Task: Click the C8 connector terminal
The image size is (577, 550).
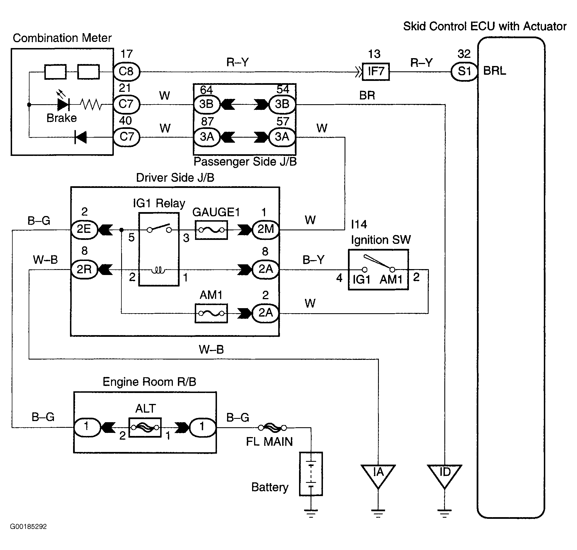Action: [126, 72]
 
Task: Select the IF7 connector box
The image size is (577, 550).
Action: [376, 72]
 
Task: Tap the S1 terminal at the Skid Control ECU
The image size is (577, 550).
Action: [464, 72]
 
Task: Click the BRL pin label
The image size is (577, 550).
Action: [495, 71]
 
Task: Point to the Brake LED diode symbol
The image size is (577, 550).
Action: [63, 104]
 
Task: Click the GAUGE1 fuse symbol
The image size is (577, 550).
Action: [211, 230]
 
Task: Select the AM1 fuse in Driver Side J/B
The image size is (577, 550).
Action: [211, 313]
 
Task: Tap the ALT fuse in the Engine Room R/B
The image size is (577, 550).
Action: [145, 427]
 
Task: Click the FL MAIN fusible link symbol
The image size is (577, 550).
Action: [272, 428]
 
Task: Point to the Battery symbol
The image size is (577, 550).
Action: [311, 474]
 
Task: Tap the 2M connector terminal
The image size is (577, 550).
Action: [266, 229]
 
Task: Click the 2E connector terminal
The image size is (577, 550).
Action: [84, 229]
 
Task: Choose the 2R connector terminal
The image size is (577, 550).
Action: [84, 269]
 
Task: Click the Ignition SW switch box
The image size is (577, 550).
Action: [378, 270]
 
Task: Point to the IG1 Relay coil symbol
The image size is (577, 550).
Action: [159, 270]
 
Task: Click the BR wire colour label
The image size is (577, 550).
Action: [367, 96]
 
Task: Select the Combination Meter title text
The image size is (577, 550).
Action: [62, 38]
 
